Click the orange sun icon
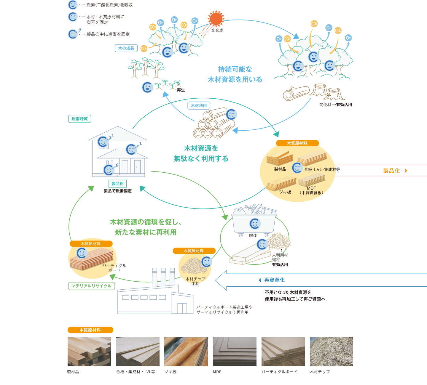216,18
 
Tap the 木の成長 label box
126,48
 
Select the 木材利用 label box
199,106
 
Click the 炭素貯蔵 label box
80,119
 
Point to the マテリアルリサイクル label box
91,286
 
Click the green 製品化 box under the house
118,184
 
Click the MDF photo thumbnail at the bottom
235,352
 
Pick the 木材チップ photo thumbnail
331,352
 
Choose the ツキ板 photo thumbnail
186,352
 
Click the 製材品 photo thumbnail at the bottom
89,352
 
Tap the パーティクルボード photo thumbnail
283,352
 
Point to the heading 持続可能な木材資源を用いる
235,74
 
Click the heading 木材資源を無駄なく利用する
201,153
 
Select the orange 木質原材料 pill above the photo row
90,330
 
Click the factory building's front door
182,309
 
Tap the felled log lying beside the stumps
296,93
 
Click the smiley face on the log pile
231,114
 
